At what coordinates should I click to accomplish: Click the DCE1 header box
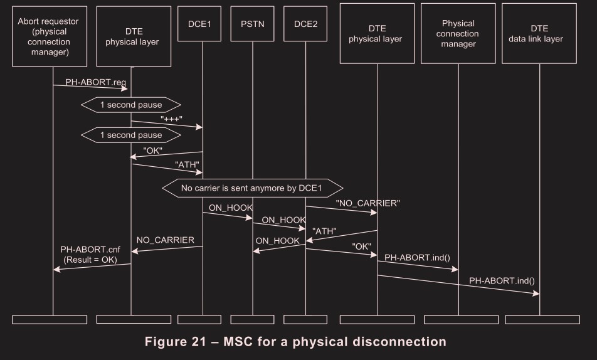point(202,24)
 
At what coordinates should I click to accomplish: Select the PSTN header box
point(253,24)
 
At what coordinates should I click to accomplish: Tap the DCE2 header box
point(305,24)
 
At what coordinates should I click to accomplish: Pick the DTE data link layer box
point(539,33)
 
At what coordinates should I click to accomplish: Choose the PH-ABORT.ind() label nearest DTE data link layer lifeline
point(502,280)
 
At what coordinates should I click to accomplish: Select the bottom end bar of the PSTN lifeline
point(253,319)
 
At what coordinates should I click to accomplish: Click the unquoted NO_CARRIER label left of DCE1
point(166,240)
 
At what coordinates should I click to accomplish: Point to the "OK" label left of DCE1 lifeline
point(152,151)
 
